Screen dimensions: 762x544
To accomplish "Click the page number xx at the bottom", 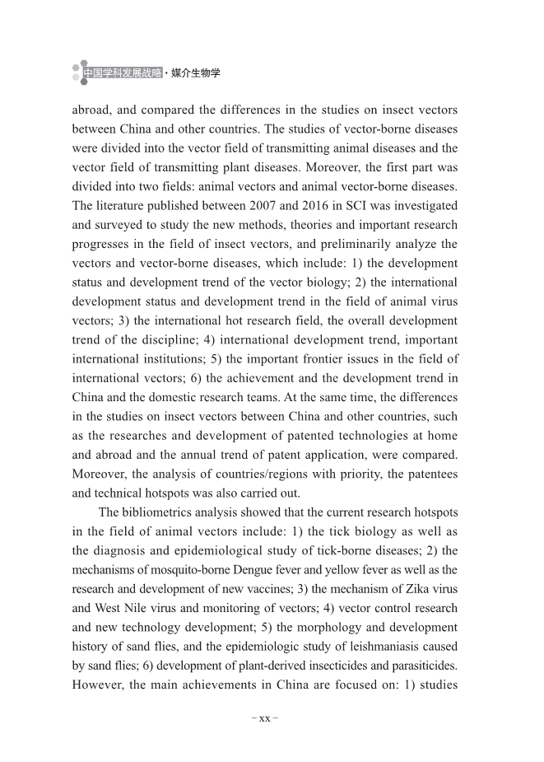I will click(264, 718).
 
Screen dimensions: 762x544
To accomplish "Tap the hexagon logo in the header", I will click(79, 72).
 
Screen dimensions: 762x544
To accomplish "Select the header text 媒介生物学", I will click(195, 73).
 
